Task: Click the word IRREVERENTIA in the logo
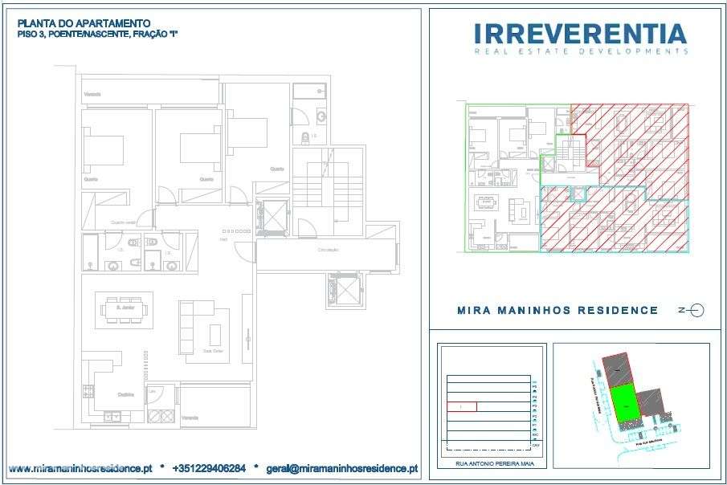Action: tap(580, 33)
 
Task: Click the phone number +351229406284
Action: tap(209, 467)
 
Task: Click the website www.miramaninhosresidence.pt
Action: tap(80, 467)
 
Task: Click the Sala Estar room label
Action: tap(212, 351)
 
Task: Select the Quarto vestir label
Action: tap(123, 222)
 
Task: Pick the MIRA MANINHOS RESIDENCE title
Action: tap(557, 311)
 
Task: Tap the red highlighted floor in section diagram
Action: tap(461, 406)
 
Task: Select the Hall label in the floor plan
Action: tap(225, 238)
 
